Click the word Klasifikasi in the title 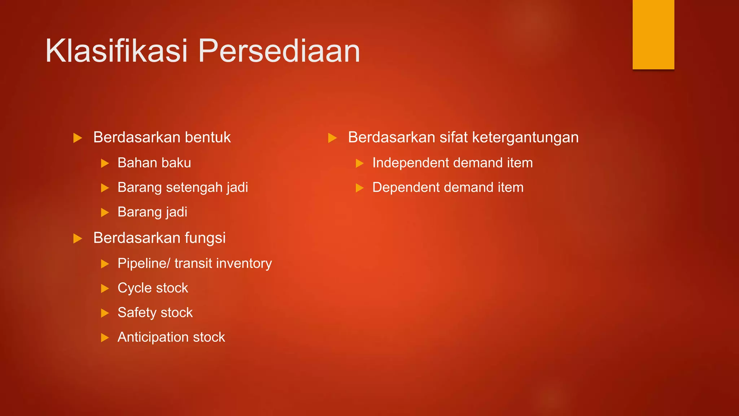tap(116, 51)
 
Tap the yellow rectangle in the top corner tap(653, 34)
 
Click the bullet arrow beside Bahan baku tap(105, 163)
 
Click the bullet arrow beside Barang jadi tap(105, 212)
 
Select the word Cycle tap(134, 288)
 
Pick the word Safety tap(136, 313)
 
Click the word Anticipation tap(153, 337)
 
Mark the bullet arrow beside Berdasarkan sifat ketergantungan tap(332, 138)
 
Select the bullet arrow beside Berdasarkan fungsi tap(78, 238)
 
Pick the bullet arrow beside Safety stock tap(105, 313)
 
